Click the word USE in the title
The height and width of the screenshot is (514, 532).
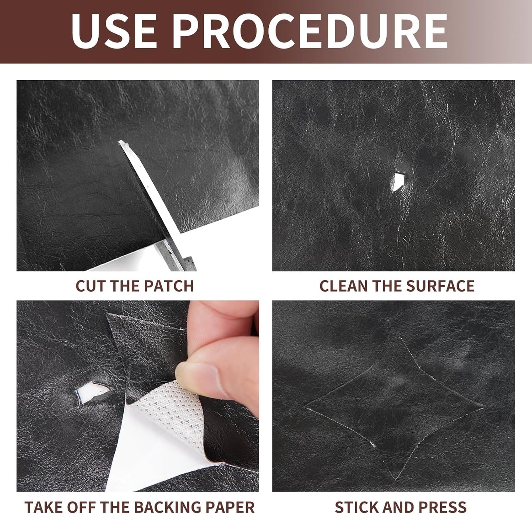pyautogui.click(x=114, y=31)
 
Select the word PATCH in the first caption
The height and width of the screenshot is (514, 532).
pyautogui.click(x=169, y=286)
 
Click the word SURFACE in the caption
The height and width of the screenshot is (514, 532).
pyautogui.click(x=440, y=286)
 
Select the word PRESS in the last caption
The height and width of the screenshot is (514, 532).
pyautogui.click(x=442, y=500)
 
